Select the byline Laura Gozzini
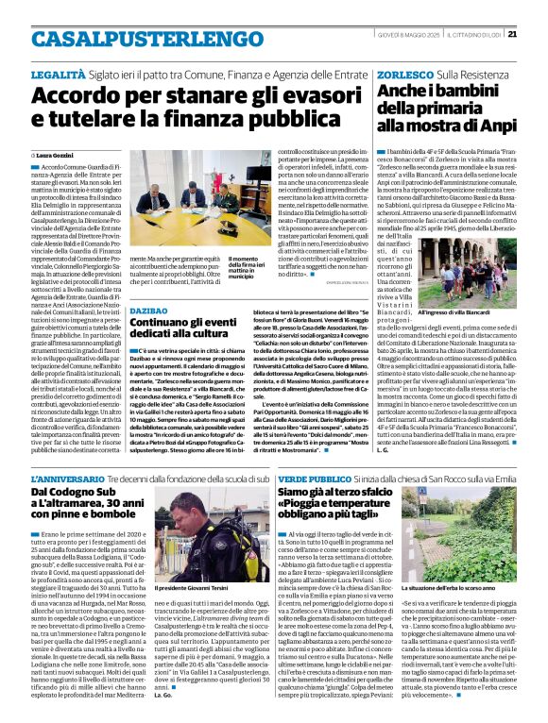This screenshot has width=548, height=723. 60,155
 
